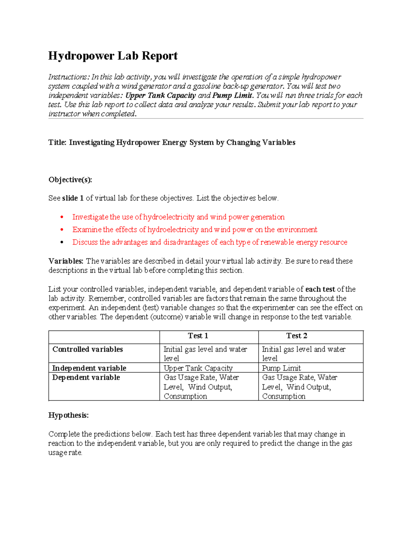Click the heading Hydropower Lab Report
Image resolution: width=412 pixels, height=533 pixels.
(113, 56)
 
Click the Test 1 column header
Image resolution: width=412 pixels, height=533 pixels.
(198, 336)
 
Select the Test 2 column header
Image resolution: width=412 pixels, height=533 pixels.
(297, 336)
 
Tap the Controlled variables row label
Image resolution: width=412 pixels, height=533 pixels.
(88, 349)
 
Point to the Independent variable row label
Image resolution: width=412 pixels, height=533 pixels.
(89, 368)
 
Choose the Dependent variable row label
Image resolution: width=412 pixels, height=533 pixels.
(86, 378)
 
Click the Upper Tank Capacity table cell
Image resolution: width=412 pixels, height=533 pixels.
(198, 368)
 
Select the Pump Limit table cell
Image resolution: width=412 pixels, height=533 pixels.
(281, 368)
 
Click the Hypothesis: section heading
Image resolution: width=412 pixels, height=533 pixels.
(68, 415)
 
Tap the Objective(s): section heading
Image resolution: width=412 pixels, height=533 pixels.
(70, 180)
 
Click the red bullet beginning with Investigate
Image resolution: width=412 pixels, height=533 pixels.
(178, 217)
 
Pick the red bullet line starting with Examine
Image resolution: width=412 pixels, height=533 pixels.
(194, 230)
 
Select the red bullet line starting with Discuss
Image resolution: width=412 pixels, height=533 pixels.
(209, 242)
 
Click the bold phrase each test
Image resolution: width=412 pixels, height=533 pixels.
(320, 289)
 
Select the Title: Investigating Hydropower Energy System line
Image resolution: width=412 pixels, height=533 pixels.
(172, 142)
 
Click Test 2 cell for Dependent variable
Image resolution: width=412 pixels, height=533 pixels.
(299, 387)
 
